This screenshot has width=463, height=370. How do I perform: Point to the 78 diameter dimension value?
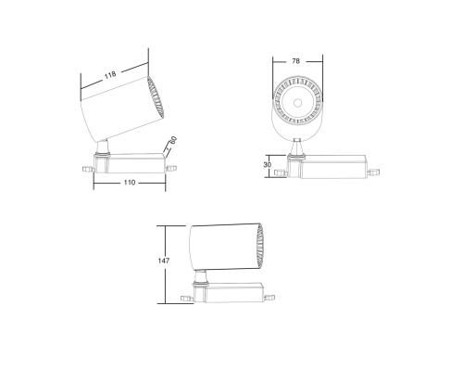(295, 61)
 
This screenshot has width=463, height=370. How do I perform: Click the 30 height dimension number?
(269, 165)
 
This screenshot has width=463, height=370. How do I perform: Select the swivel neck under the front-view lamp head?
(296, 147)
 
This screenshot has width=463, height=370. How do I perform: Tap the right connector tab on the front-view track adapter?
(373, 172)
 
